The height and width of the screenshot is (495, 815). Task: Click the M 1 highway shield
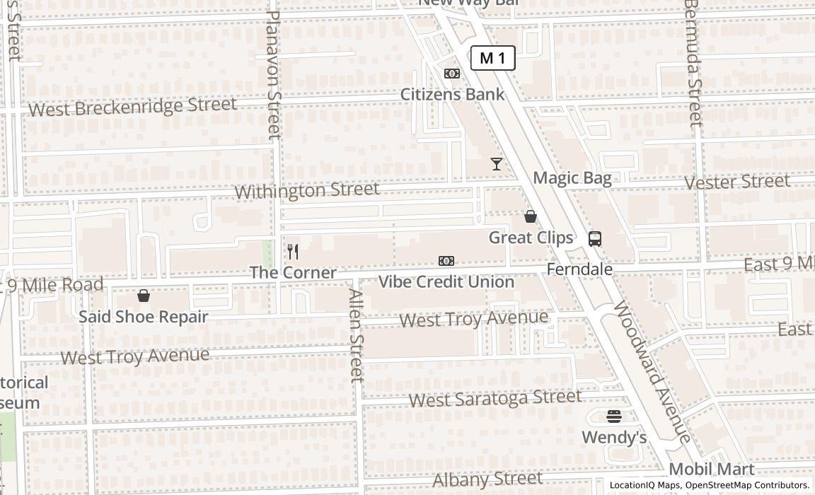point(493,58)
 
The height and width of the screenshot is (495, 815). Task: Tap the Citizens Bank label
point(452,94)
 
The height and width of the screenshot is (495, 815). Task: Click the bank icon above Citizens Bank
point(452,74)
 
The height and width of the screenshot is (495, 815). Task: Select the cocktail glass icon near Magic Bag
point(497,164)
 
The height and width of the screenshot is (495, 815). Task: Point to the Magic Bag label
point(572,177)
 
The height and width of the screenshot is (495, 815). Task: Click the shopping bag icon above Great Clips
point(531,216)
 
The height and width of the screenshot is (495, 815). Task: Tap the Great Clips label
point(531,238)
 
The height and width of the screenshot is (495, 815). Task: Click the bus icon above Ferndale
point(595,239)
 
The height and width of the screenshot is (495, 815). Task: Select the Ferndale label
point(579,269)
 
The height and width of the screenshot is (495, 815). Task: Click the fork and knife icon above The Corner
point(293,252)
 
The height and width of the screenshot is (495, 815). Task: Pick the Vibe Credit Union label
point(446,281)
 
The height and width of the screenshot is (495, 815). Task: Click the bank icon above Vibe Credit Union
point(446,261)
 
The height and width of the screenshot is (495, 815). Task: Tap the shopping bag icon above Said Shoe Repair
point(144,296)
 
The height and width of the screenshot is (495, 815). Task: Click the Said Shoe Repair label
point(143,316)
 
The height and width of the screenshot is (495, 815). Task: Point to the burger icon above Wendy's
point(614,417)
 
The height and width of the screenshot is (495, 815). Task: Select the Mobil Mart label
point(711,469)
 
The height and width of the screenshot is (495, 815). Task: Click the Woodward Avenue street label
point(651,372)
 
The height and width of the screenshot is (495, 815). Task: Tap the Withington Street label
point(306,190)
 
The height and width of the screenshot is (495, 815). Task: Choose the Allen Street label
point(355,336)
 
